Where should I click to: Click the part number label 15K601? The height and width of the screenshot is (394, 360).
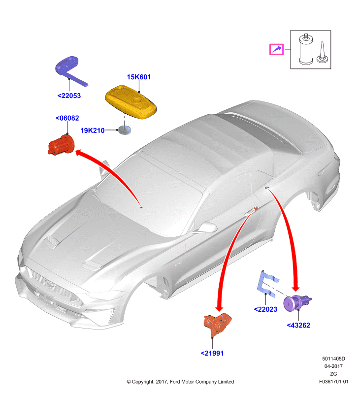(x=139, y=77)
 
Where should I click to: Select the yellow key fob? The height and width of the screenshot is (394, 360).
(x=131, y=102)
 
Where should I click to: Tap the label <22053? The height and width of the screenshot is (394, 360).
(x=69, y=96)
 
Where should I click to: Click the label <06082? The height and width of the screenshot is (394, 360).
(x=67, y=118)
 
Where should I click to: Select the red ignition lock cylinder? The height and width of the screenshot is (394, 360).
(x=61, y=145)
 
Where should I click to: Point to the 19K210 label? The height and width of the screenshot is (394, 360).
(x=93, y=131)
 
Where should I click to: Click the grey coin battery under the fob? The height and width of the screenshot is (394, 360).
(x=125, y=130)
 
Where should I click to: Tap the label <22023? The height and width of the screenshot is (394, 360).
(x=265, y=309)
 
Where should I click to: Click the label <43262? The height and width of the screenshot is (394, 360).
(x=298, y=326)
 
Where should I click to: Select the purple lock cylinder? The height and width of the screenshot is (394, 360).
(x=296, y=303)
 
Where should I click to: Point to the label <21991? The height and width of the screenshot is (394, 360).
(x=212, y=353)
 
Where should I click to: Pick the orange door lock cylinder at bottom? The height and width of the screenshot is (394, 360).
(x=217, y=325)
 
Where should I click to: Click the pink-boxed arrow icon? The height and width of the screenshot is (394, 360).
(x=277, y=49)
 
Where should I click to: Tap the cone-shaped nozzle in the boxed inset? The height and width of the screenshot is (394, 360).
(x=322, y=53)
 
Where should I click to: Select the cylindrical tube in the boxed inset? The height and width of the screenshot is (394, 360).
(x=306, y=49)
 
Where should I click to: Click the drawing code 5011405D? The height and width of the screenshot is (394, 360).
(x=333, y=359)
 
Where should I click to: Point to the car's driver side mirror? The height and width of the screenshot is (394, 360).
(x=207, y=228)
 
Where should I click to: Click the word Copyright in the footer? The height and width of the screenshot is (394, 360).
(x=143, y=382)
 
